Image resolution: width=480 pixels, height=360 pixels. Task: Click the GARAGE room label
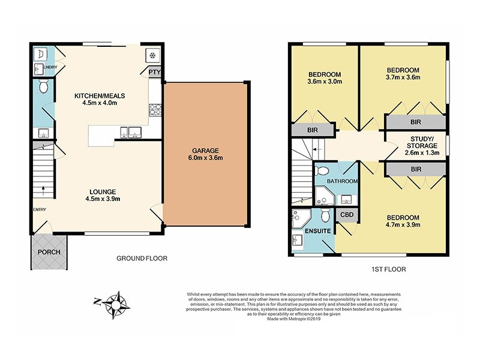206,151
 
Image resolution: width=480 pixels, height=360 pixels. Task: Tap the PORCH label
49,251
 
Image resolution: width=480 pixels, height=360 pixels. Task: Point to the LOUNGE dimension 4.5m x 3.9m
100,200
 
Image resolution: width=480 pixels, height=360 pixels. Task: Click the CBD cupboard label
346,215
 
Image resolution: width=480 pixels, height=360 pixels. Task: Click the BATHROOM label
343,181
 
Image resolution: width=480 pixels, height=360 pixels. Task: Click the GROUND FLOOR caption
142,259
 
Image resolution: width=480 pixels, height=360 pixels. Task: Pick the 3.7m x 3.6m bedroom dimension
402,77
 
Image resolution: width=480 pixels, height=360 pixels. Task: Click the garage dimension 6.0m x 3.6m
206,158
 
